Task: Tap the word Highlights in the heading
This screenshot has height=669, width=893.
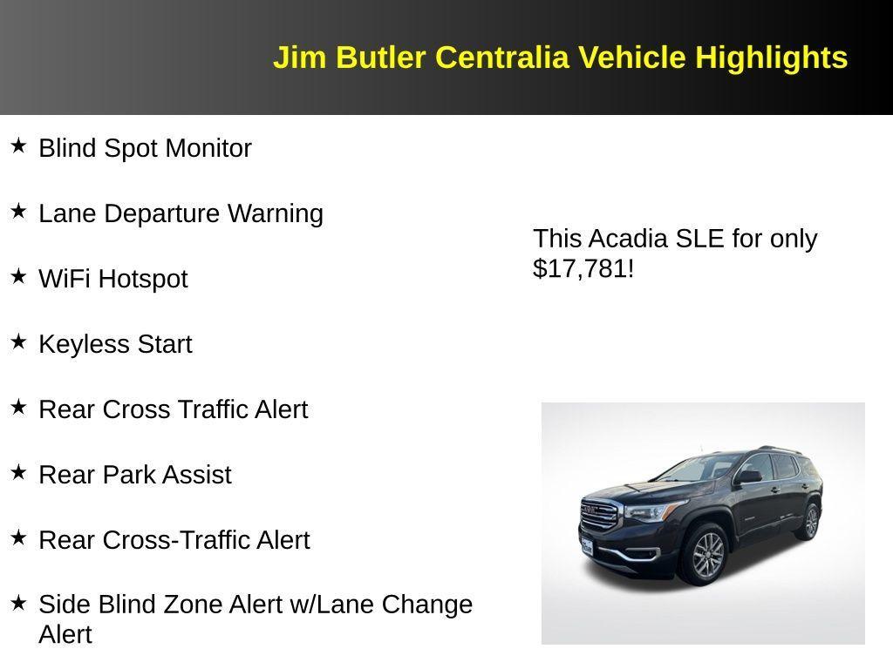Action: pyautogui.click(x=771, y=57)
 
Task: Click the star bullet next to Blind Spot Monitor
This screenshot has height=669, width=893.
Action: pyautogui.click(x=18, y=145)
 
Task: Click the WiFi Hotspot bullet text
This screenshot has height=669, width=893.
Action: pyautogui.click(x=113, y=279)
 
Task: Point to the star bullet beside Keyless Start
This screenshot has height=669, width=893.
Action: pyautogui.click(x=18, y=341)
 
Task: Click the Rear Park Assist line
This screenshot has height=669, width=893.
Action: pyautogui.click(x=135, y=475)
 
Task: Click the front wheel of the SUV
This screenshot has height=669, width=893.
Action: pyautogui.click(x=707, y=555)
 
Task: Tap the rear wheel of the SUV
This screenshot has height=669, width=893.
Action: pyautogui.click(x=810, y=522)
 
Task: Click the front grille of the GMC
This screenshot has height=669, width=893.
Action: pyautogui.click(x=599, y=515)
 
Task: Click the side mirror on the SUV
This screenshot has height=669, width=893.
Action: pyautogui.click(x=748, y=476)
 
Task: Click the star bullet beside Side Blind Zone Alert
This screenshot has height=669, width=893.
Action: pyautogui.click(x=18, y=602)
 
